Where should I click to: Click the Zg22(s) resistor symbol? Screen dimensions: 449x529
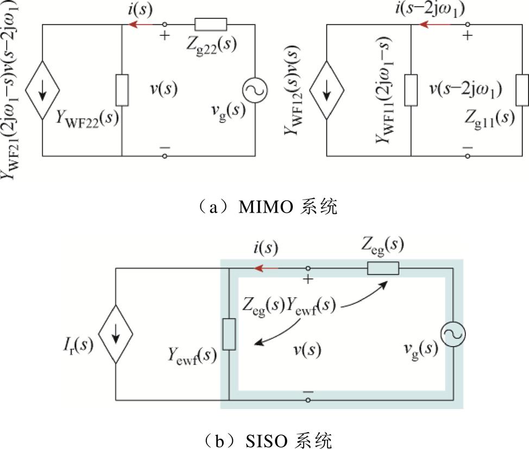(210, 24)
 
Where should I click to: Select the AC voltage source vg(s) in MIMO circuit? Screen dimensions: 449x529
(255, 90)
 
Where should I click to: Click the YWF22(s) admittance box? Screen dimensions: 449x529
(122, 90)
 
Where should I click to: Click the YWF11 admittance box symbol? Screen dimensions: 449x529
(412, 90)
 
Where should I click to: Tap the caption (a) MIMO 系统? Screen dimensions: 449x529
(264, 207)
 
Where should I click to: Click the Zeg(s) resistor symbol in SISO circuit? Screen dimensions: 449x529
(383, 268)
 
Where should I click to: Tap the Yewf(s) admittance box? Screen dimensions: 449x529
(229, 335)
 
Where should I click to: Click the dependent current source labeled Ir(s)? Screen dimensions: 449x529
(116, 335)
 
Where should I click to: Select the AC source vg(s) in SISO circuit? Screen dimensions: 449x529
(452, 335)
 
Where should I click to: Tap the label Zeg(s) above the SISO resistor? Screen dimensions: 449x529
(383, 246)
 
